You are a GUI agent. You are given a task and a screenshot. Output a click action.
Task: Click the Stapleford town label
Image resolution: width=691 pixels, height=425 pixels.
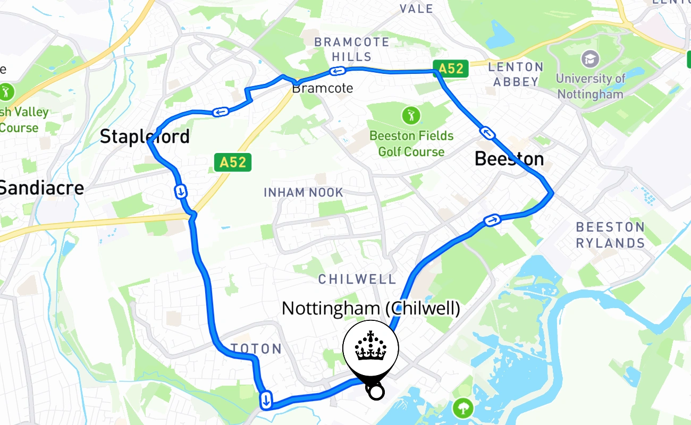click(x=145, y=137)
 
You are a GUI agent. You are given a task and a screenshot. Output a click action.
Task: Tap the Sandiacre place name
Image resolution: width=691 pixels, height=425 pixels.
click(x=41, y=188)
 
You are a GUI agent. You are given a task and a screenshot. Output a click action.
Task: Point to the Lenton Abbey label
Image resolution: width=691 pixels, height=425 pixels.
click(x=516, y=74)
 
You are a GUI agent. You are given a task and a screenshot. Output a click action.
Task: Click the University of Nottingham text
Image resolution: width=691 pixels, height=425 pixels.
click(x=590, y=87)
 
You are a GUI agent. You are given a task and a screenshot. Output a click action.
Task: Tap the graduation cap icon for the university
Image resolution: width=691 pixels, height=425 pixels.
click(x=589, y=58)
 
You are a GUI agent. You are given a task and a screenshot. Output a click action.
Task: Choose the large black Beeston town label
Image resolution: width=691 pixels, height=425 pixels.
click(x=509, y=159)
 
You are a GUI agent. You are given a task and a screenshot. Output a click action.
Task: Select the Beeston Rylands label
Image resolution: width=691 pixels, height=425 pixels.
click(x=610, y=235)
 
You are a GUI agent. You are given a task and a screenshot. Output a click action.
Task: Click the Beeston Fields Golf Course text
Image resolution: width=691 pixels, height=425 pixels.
click(x=411, y=144)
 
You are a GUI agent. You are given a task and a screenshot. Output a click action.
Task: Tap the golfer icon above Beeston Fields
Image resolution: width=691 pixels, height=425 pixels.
click(x=411, y=115)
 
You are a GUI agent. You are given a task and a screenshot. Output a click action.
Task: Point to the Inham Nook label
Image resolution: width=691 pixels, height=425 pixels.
click(x=304, y=192)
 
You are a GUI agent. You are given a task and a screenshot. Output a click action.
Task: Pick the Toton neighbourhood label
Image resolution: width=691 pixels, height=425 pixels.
click(x=257, y=349)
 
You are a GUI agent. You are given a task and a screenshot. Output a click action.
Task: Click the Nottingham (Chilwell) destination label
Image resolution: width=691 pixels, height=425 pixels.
click(x=370, y=308)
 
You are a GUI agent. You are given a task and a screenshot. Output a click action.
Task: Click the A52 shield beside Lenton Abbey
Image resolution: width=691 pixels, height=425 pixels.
click(x=451, y=69)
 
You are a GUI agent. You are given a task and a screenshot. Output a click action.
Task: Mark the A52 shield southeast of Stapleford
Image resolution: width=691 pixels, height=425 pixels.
click(x=232, y=162)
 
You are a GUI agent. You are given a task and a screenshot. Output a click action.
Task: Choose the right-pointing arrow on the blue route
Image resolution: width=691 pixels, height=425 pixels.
click(x=492, y=219)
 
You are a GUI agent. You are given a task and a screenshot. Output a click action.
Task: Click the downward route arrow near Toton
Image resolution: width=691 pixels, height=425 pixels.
click(x=266, y=399)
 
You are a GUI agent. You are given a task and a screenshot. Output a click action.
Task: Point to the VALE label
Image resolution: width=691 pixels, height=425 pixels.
click(x=416, y=8)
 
